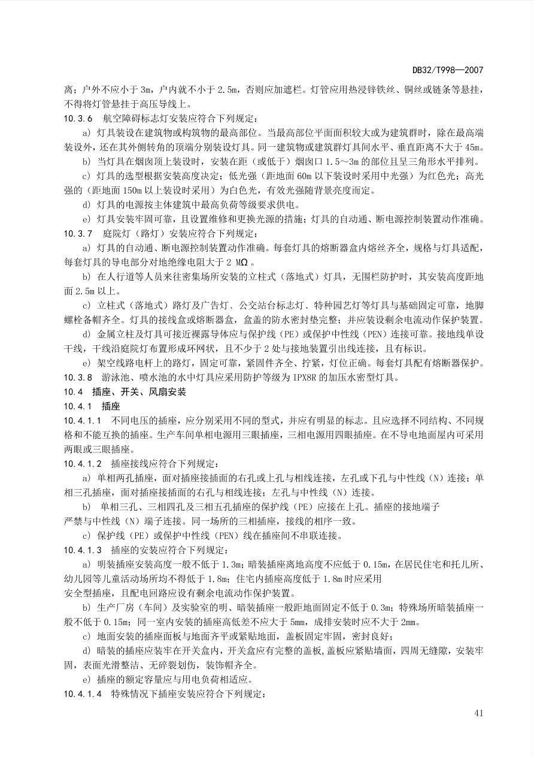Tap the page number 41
tap(478, 713)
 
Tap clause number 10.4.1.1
tap(83, 420)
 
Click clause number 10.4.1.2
tap(83, 463)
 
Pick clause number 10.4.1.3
tap(83, 550)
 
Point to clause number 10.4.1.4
tap(83, 693)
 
